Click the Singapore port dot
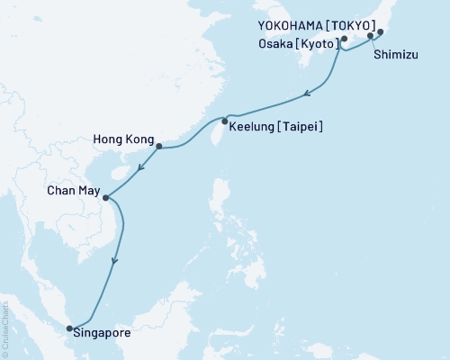[70, 328]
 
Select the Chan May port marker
[106, 198]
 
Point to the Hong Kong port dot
[158, 147]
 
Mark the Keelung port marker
[224, 121]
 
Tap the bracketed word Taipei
[301, 128]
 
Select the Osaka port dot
[344, 40]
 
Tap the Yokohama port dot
[380, 32]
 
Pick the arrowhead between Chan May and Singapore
[113, 262]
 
